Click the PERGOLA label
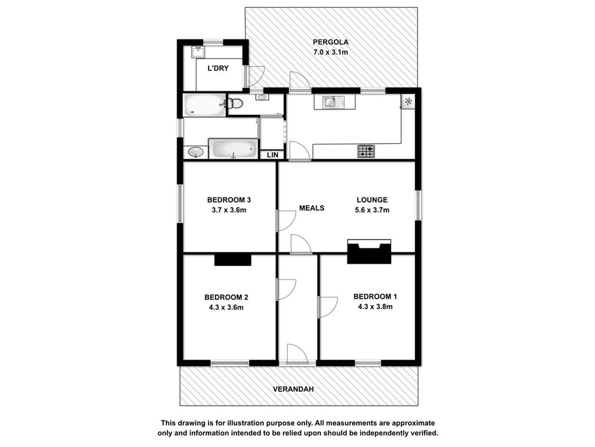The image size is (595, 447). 330,42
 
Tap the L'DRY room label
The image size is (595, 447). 218,68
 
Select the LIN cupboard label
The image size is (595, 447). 272,155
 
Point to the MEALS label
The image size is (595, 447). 312,208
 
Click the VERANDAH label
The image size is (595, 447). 293,389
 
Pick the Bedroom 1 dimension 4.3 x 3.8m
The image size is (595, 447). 375,307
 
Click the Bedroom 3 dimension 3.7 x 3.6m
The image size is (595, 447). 229,210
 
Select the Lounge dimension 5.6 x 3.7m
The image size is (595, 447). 372,210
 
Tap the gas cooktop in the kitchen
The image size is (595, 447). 366,151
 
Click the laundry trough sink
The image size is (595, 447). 198,52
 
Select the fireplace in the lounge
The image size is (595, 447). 369,251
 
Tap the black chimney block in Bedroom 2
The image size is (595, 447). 233,260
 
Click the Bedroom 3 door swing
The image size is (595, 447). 286,221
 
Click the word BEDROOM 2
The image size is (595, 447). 226,297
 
